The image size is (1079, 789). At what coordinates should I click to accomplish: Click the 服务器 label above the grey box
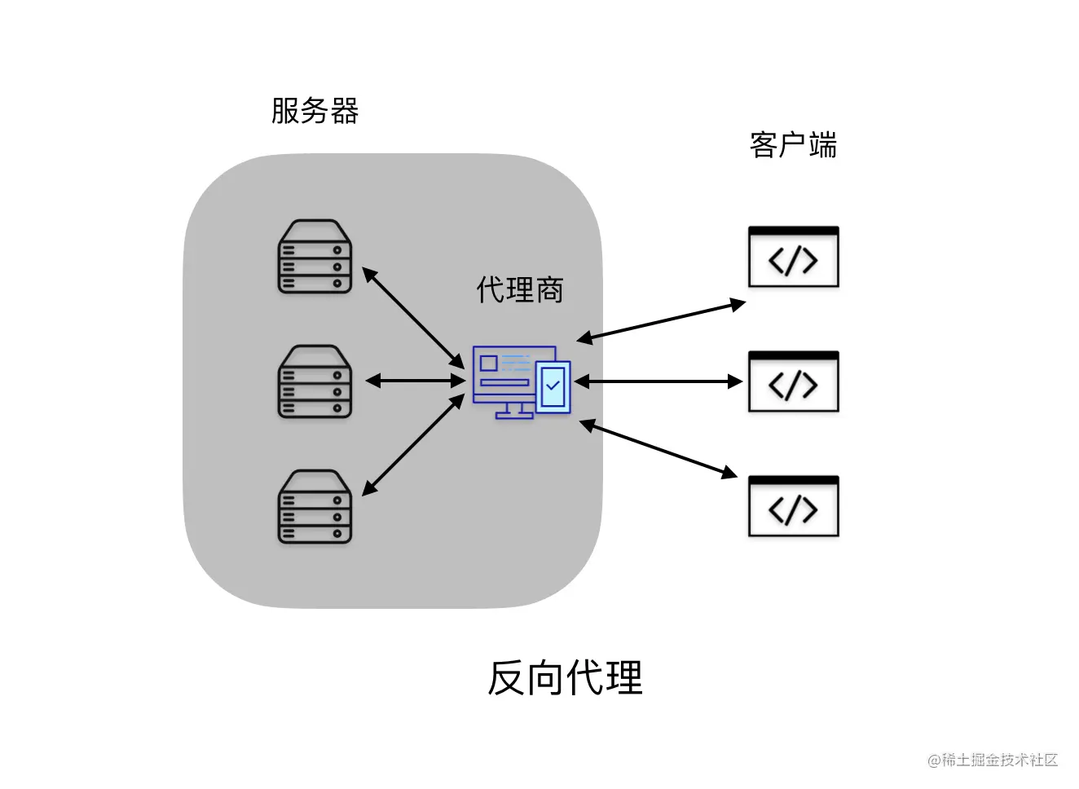[315, 111]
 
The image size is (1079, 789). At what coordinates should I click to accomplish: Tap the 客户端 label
[793, 145]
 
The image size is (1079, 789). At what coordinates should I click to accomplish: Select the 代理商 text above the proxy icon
[520, 289]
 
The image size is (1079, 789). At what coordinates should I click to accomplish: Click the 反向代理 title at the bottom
[565, 677]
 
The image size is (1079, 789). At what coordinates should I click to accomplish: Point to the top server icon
[315, 257]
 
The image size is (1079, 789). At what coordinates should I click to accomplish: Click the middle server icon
[315, 381]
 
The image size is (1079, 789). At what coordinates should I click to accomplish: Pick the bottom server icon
[315, 506]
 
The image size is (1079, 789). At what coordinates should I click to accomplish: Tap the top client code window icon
[793, 258]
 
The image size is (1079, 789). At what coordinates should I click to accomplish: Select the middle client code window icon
[793, 382]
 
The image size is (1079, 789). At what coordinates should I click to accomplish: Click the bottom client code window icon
[793, 507]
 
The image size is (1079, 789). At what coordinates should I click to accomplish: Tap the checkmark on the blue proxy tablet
[553, 385]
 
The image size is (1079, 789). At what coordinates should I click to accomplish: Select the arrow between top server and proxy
[413, 317]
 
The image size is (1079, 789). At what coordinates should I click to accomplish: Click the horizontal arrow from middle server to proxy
[415, 381]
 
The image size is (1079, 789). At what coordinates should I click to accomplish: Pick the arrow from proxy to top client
[661, 320]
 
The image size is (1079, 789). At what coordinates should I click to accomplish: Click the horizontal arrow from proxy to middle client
[658, 381]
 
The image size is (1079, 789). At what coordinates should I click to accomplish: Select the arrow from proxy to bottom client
[658, 448]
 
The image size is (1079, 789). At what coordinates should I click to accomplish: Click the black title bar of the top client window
[793, 231]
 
